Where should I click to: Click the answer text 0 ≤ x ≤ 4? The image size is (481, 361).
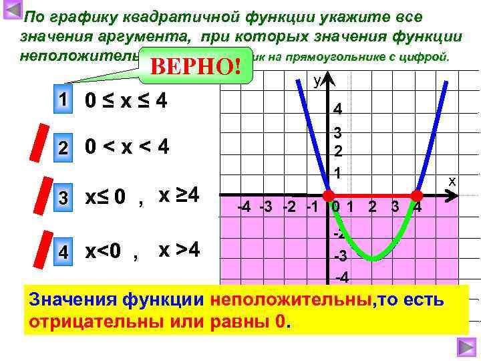click(x=126, y=102)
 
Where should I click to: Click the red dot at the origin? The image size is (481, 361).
click(x=328, y=196)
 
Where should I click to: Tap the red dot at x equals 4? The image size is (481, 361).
click(x=417, y=196)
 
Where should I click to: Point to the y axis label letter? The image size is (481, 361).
click(x=317, y=81)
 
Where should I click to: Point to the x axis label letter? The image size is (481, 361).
click(x=452, y=181)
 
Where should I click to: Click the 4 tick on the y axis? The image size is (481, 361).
click(x=338, y=109)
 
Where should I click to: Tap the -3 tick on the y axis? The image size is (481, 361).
click(x=339, y=257)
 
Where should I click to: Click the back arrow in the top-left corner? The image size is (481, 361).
click(x=13, y=11)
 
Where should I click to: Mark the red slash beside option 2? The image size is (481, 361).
click(x=42, y=142)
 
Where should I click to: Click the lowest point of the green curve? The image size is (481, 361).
click(x=373, y=259)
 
